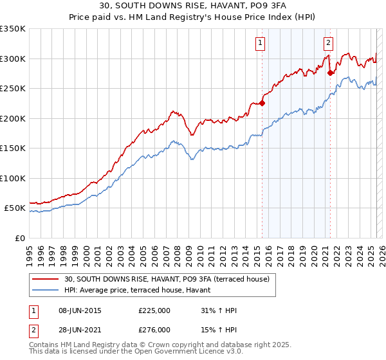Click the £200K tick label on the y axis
(13, 118)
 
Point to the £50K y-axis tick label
(15, 208)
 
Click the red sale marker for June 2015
(262, 102)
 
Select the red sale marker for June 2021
(331, 73)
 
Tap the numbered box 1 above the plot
(260, 43)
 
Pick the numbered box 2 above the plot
(328, 43)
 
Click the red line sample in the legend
(46, 279)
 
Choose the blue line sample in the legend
(46, 290)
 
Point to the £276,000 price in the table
(154, 329)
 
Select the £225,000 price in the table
(154, 310)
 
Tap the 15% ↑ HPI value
(219, 329)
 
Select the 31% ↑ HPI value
(219, 310)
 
